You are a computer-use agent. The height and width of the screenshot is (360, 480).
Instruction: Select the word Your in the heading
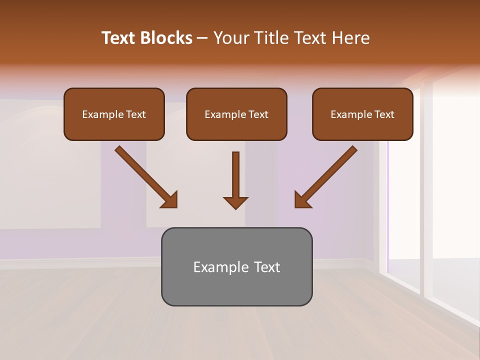click(230, 38)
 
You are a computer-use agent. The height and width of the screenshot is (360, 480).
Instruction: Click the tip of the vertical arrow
click(235, 208)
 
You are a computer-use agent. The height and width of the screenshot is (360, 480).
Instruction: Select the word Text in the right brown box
click(384, 114)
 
